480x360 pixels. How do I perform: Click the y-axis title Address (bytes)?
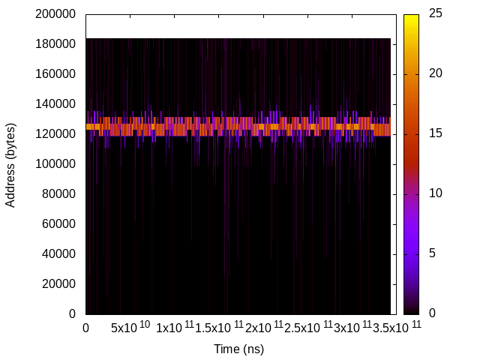pyautogui.click(x=11, y=163)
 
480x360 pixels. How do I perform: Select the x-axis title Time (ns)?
pyautogui.click(x=238, y=349)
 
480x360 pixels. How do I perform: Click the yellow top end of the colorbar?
pyautogui.click(x=411, y=17)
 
